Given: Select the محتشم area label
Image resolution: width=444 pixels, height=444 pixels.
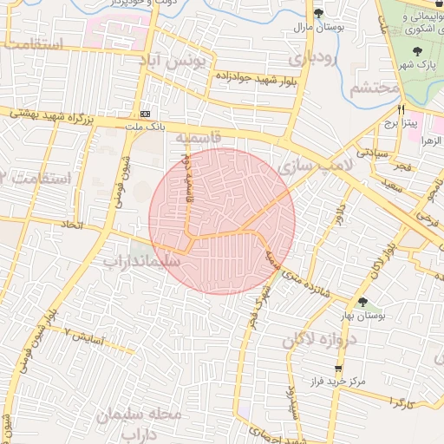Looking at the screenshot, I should pyautogui.click(x=375, y=88).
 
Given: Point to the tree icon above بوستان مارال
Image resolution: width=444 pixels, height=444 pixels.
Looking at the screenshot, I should pyautogui.click(x=318, y=13).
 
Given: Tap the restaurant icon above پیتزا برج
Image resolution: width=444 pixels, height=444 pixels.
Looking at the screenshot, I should pyautogui.click(x=401, y=109).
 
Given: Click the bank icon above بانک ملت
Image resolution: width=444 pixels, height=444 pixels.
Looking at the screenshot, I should pyautogui.click(x=145, y=114).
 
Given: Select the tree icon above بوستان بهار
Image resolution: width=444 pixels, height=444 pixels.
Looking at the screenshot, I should pyautogui.click(x=362, y=302).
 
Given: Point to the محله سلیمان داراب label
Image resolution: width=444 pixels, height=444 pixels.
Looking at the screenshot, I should pyautogui.click(x=142, y=422).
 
